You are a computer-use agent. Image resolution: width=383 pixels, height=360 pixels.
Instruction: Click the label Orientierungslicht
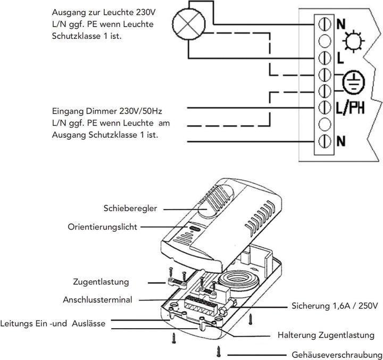click(103, 227)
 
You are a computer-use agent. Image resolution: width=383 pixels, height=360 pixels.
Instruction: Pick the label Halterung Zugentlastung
click(322, 336)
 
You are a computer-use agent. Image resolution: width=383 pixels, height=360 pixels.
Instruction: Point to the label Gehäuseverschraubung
click(336, 354)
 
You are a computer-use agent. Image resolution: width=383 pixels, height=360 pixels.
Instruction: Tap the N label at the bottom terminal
click(340, 141)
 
